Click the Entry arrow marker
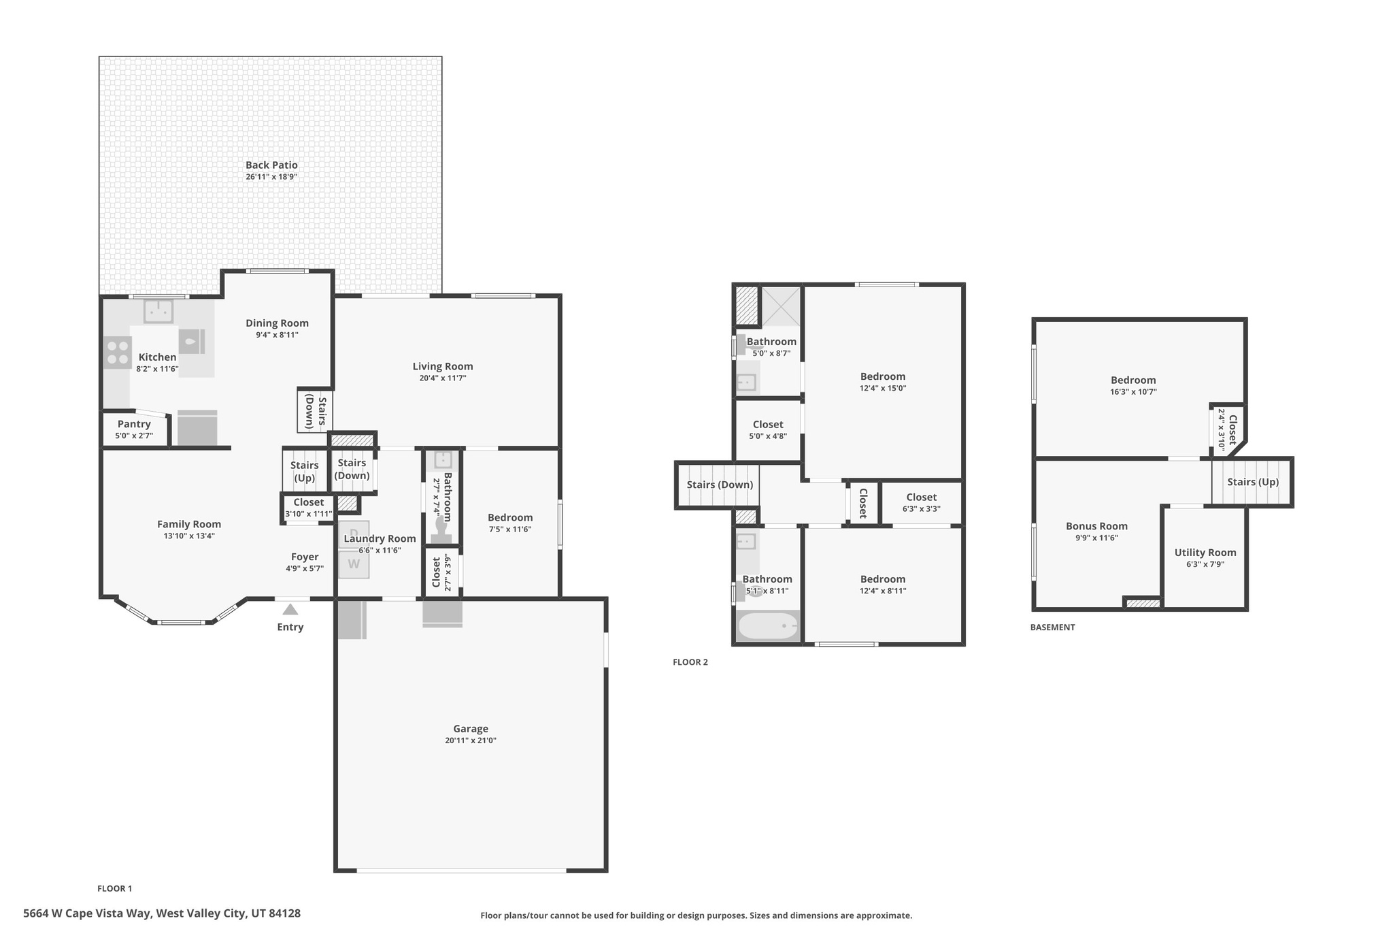pos(290,609)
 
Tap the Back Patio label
pos(271,165)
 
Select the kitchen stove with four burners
pos(118,353)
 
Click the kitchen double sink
pos(158,312)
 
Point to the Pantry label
pos(134,424)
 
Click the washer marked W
pos(354,565)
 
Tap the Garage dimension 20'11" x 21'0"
pos(471,740)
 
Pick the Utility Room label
pos(1205,553)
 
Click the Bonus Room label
pos(1096,526)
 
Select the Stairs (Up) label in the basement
pos(1253,482)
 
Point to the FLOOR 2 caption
pos(690,662)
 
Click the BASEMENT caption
pos(1052,628)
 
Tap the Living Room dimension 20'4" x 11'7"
pos(443,378)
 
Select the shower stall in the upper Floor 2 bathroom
pos(780,307)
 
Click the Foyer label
pos(305,557)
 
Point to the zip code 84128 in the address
pos(285,913)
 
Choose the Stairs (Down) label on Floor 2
pos(720,485)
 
